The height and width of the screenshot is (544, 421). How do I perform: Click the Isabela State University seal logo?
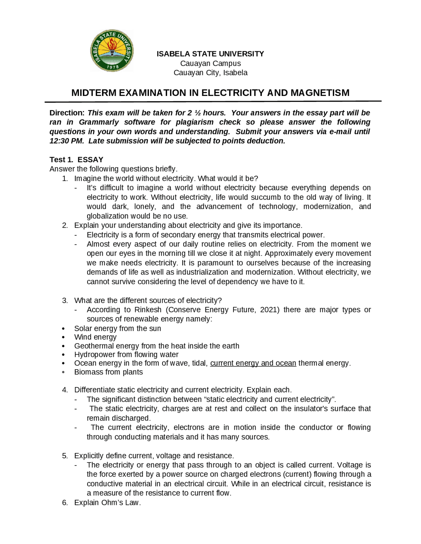pos(112,51)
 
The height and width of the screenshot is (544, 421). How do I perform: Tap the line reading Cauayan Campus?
pos(210,63)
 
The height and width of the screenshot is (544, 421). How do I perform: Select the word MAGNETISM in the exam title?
pos(320,93)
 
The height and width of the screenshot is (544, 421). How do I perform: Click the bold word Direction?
pos(67,113)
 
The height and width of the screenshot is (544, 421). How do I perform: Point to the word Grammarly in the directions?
pos(99,122)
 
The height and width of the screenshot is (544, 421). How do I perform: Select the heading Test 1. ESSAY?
pos(76,160)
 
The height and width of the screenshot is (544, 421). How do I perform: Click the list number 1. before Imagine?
pos(65,178)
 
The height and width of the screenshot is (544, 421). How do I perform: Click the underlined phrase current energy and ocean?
pos(253,363)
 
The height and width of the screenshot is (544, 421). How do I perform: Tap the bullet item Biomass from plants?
pos(109,372)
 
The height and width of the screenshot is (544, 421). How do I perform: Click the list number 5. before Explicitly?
pos(65,456)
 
